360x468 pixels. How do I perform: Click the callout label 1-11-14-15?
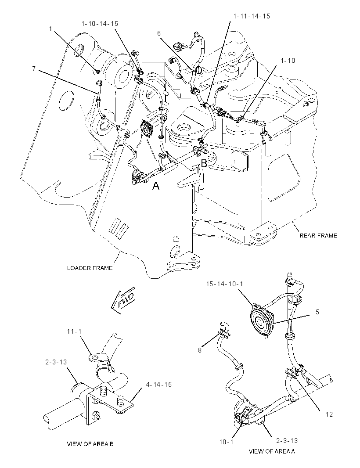(252, 16)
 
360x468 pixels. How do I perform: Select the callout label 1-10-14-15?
(100, 24)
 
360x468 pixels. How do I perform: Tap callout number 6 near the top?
(159, 33)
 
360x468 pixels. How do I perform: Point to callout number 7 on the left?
(34, 69)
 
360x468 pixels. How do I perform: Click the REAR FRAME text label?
(318, 235)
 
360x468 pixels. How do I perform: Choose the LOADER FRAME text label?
(90, 268)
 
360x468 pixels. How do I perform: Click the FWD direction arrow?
(123, 301)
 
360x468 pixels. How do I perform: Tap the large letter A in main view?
(156, 186)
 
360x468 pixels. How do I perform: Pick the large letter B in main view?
(204, 163)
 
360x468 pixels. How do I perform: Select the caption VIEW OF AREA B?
(90, 444)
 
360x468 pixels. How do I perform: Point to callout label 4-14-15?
(159, 385)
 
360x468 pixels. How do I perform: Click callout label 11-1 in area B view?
(74, 331)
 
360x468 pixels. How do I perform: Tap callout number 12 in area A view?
(329, 414)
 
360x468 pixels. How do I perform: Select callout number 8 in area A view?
(200, 350)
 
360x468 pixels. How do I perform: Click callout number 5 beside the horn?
(317, 312)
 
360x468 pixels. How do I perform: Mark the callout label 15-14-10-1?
(224, 284)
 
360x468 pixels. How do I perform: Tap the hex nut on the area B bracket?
(97, 414)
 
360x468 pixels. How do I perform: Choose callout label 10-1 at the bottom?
(226, 442)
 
